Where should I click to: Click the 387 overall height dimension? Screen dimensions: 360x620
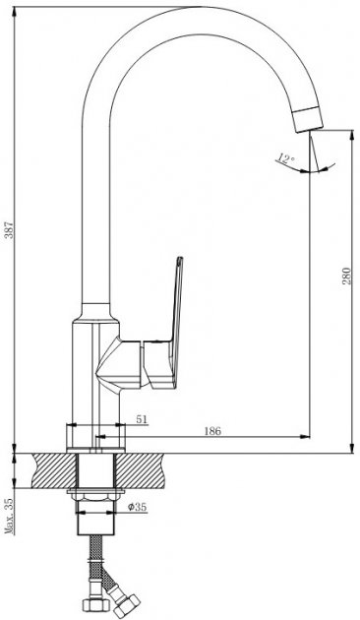coord(10,229)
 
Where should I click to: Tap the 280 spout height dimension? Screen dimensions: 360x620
coord(346,276)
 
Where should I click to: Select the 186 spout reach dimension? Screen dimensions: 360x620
coord(212,431)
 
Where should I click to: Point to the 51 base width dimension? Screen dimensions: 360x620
coord(142,418)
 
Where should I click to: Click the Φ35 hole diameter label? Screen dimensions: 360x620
coord(137,507)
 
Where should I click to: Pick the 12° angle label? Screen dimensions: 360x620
coord(285,158)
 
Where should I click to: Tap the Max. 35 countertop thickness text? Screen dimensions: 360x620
coord(10,516)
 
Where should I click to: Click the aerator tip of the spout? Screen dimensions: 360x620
coord(308,119)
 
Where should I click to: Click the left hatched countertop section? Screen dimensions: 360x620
coord(54,470)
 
